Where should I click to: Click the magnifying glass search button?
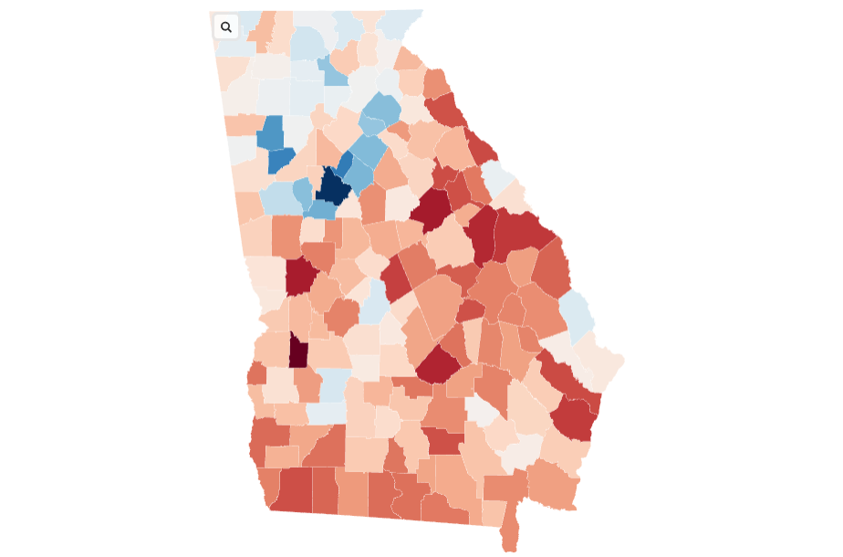(226, 27)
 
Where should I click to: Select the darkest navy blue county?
(332, 187)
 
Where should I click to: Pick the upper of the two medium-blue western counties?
(271, 132)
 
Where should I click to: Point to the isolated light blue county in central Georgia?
(373, 302)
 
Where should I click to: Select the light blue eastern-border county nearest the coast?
(577, 314)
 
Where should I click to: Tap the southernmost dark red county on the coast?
(573, 419)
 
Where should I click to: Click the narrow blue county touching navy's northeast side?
(344, 164)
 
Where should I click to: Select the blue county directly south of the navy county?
(322, 209)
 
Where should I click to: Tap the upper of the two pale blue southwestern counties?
(334, 382)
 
